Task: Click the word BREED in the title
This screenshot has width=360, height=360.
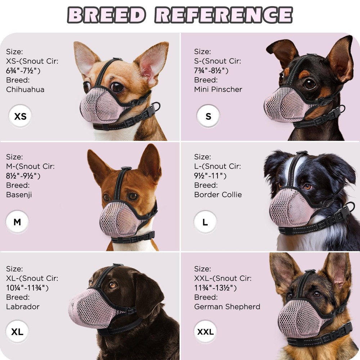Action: point(107,15)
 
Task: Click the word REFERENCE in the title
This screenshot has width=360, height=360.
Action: point(224,15)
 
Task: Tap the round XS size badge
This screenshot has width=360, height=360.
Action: point(20,116)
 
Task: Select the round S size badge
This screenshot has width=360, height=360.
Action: point(208,116)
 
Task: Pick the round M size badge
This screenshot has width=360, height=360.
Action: point(17,222)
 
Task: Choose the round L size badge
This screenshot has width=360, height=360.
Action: point(205,222)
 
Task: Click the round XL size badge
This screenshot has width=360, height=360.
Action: point(17,332)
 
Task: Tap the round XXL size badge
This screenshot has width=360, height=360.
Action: point(205,332)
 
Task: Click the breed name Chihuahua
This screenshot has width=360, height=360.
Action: point(25,89)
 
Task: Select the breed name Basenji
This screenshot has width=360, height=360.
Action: point(19,195)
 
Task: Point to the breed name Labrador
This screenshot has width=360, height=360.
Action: point(23,307)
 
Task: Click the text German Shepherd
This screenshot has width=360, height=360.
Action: point(227,307)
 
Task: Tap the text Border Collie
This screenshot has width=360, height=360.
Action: point(218,195)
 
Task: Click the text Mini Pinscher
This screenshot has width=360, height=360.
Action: point(218,89)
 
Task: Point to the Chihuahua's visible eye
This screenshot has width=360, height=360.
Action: point(117,87)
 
